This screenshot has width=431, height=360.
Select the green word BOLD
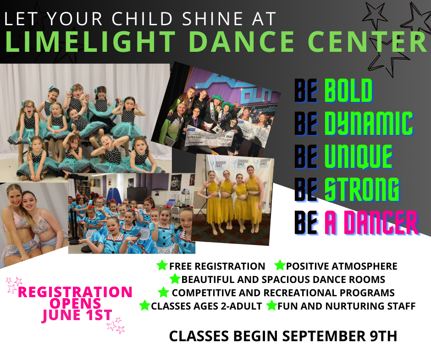[x=348, y=91]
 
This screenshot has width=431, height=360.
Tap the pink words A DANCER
[x=371, y=223]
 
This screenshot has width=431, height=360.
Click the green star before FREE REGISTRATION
[x=162, y=266]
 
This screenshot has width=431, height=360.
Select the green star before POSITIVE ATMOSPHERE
[x=280, y=266]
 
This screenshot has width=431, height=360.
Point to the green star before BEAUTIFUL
[x=175, y=279]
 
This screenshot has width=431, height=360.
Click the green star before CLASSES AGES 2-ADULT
[x=145, y=305]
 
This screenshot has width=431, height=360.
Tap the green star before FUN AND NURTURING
[x=271, y=305]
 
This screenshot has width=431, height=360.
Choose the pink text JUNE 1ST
[x=77, y=315]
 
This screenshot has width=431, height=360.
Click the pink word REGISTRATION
[x=75, y=292]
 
